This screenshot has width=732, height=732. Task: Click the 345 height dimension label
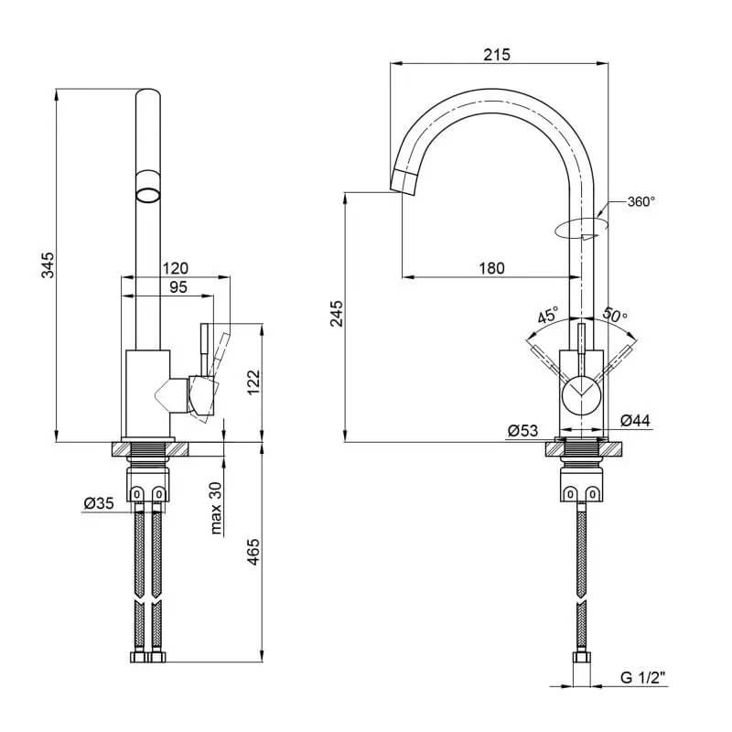click(48, 264)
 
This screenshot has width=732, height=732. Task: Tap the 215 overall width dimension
click(497, 55)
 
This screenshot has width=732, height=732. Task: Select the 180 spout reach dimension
click(491, 268)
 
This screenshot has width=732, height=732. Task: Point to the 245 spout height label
click(336, 313)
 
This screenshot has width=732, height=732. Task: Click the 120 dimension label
click(175, 268)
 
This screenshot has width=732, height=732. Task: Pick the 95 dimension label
click(178, 287)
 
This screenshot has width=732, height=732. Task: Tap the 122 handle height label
click(253, 382)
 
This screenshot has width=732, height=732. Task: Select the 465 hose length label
click(253, 552)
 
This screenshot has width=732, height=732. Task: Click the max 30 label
click(216, 508)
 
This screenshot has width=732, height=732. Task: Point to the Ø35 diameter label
click(99, 503)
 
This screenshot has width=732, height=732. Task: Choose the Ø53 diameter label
click(522, 430)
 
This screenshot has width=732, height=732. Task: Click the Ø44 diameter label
click(635, 421)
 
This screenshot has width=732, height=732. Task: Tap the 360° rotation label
click(640, 201)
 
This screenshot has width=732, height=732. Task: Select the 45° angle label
click(547, 316)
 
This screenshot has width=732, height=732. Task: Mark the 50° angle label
click(615, 315)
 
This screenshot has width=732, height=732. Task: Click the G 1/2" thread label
click(642, 677)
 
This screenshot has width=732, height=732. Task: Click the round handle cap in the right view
click(581, 396)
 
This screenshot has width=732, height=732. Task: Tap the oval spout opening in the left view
click(148, 195)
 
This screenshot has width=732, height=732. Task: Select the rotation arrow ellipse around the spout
click(581, 228)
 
